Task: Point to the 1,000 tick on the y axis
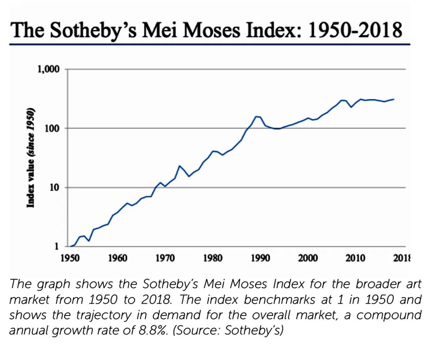point(48,69)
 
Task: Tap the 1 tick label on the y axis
point(56,247)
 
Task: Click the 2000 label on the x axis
point(307,258)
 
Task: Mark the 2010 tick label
point(355,258)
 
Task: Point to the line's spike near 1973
point(179,166)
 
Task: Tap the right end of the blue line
point(394,99)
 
